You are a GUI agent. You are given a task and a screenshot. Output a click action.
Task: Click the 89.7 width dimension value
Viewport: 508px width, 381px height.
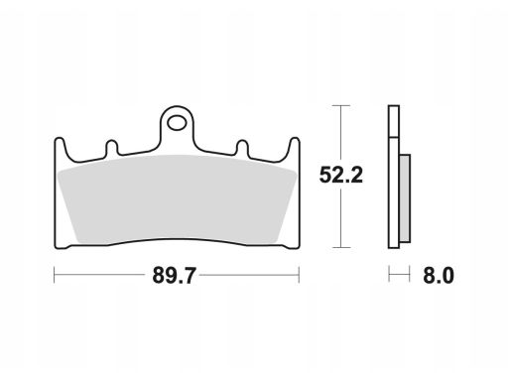click(174, 276)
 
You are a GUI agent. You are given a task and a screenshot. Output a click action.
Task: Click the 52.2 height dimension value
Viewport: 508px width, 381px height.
click(341, 175)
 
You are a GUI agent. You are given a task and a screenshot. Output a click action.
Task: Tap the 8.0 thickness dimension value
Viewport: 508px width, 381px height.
click(439, 276)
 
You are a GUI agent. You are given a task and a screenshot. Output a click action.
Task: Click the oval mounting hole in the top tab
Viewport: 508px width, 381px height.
click(177, 123)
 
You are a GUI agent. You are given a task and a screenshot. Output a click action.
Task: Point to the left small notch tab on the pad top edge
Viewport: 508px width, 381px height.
click(111, 148)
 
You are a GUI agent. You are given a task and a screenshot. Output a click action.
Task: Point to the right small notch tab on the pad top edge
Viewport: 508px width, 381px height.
click(242, 148)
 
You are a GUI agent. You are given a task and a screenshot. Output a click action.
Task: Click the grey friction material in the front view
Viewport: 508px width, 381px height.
click(177, 199)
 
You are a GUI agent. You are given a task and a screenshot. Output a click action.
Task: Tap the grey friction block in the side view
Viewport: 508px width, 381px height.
click(405, 198)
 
